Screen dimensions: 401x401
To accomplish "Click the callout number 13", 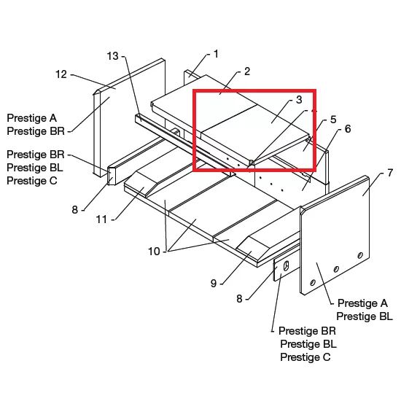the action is (112, 56).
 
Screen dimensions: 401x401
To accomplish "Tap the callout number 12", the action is (61, 74).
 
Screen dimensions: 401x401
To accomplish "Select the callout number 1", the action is (216, 54).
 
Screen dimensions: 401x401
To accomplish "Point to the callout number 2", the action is (247, 71).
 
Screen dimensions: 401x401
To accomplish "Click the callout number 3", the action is (299, 99).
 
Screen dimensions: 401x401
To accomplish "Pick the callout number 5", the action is (333, 120).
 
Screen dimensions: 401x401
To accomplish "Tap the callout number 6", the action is (348, 129).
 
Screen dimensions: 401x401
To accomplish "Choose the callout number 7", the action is (390, 173).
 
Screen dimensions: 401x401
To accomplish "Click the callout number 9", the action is (214, 284).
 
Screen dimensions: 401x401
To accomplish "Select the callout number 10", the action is (154, 252).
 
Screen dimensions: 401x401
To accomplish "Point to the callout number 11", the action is (101, 219).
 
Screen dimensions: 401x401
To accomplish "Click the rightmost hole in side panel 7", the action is (360, 255).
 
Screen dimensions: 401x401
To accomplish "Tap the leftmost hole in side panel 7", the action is (313, 282).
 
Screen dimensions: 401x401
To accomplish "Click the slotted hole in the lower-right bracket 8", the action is (287, 265).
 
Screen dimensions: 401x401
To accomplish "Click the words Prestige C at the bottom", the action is (305, 357).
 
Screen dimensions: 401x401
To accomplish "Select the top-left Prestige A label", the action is (31, 118).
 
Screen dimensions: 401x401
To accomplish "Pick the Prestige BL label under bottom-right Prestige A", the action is (365, 316).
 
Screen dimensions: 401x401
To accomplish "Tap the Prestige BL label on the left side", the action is (35, 168).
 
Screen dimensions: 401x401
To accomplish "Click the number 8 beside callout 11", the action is (74, 210).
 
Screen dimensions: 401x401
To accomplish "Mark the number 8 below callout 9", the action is (239, 299).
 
